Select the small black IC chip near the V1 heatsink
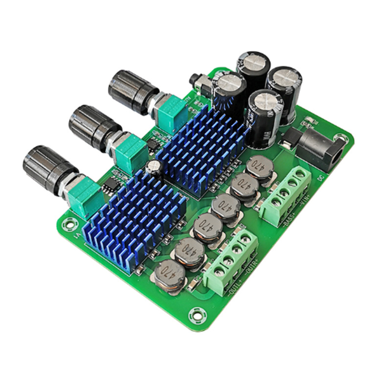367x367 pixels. (x=110, y=183)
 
